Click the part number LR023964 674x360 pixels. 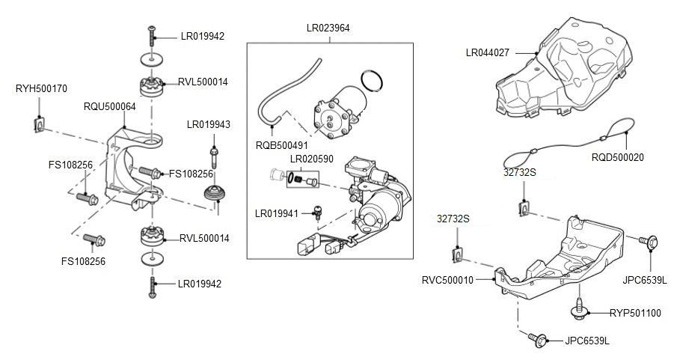point(328,28)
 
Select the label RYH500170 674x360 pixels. point(41,88)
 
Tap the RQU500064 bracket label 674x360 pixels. point(109,107)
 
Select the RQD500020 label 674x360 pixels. point(617,157)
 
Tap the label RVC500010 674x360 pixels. point(447,280)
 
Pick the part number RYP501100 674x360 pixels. point(635,313)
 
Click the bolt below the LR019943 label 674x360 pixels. point(215,157)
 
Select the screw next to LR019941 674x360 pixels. point(316,213)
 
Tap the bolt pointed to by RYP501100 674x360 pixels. point(578,307)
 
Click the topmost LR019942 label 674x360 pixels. point(202,36)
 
